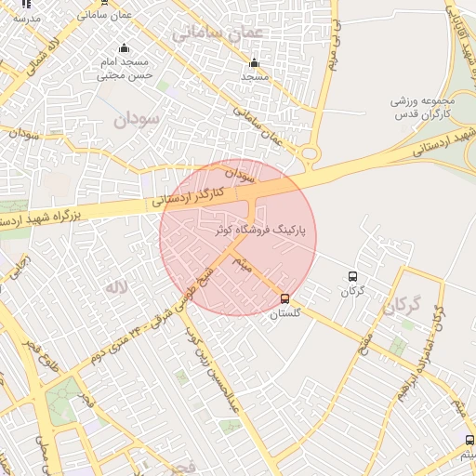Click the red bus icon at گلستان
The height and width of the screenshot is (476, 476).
(284, 298)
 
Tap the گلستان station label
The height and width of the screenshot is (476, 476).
(285, 314)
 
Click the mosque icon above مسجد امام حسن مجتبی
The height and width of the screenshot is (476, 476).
(124, 48)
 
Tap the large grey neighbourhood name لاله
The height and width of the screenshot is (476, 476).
(115, 288)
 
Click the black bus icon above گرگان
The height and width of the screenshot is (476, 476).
(352, 276)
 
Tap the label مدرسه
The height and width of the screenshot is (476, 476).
(26, 18)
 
